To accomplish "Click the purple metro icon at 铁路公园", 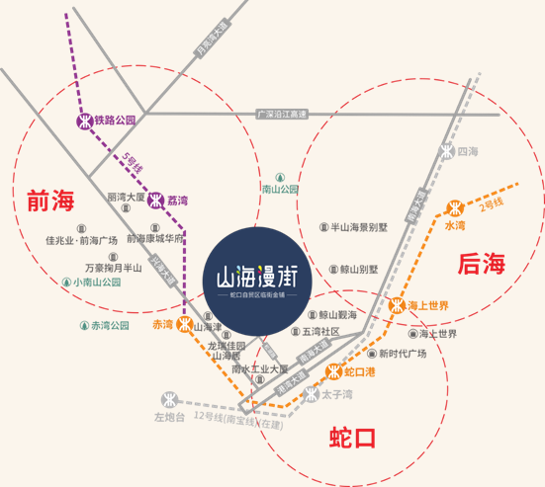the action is (84, 122).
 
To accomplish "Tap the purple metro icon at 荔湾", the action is (156, 199).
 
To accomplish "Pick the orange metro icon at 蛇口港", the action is (334, 372).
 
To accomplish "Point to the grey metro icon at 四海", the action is (446, 152).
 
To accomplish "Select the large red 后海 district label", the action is (482, 264).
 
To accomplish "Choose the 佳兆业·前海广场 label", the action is (81, 239).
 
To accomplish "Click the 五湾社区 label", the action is (320, 331).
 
